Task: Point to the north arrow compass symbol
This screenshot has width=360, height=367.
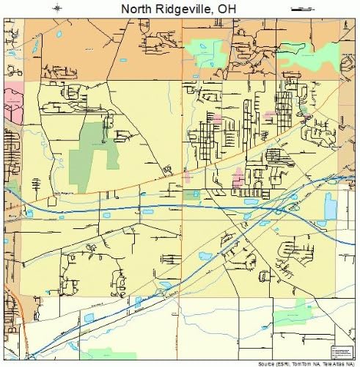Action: pyautogui.click(x=59, y=8)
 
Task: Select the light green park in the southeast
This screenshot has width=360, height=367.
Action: pyautogui.click(x=293, y=311)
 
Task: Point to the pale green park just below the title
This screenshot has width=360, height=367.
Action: pyautogui.click(x=207, y=51)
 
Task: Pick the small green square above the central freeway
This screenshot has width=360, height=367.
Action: pyautogui.click(x=192, y=195)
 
